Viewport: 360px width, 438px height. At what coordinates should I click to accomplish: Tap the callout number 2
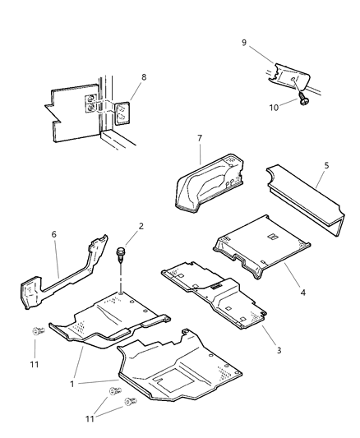[x=141, y=225]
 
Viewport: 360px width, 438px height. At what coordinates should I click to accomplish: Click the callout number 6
[x=54, y=234]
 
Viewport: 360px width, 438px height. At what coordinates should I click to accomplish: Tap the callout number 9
[x=243, y=41]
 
